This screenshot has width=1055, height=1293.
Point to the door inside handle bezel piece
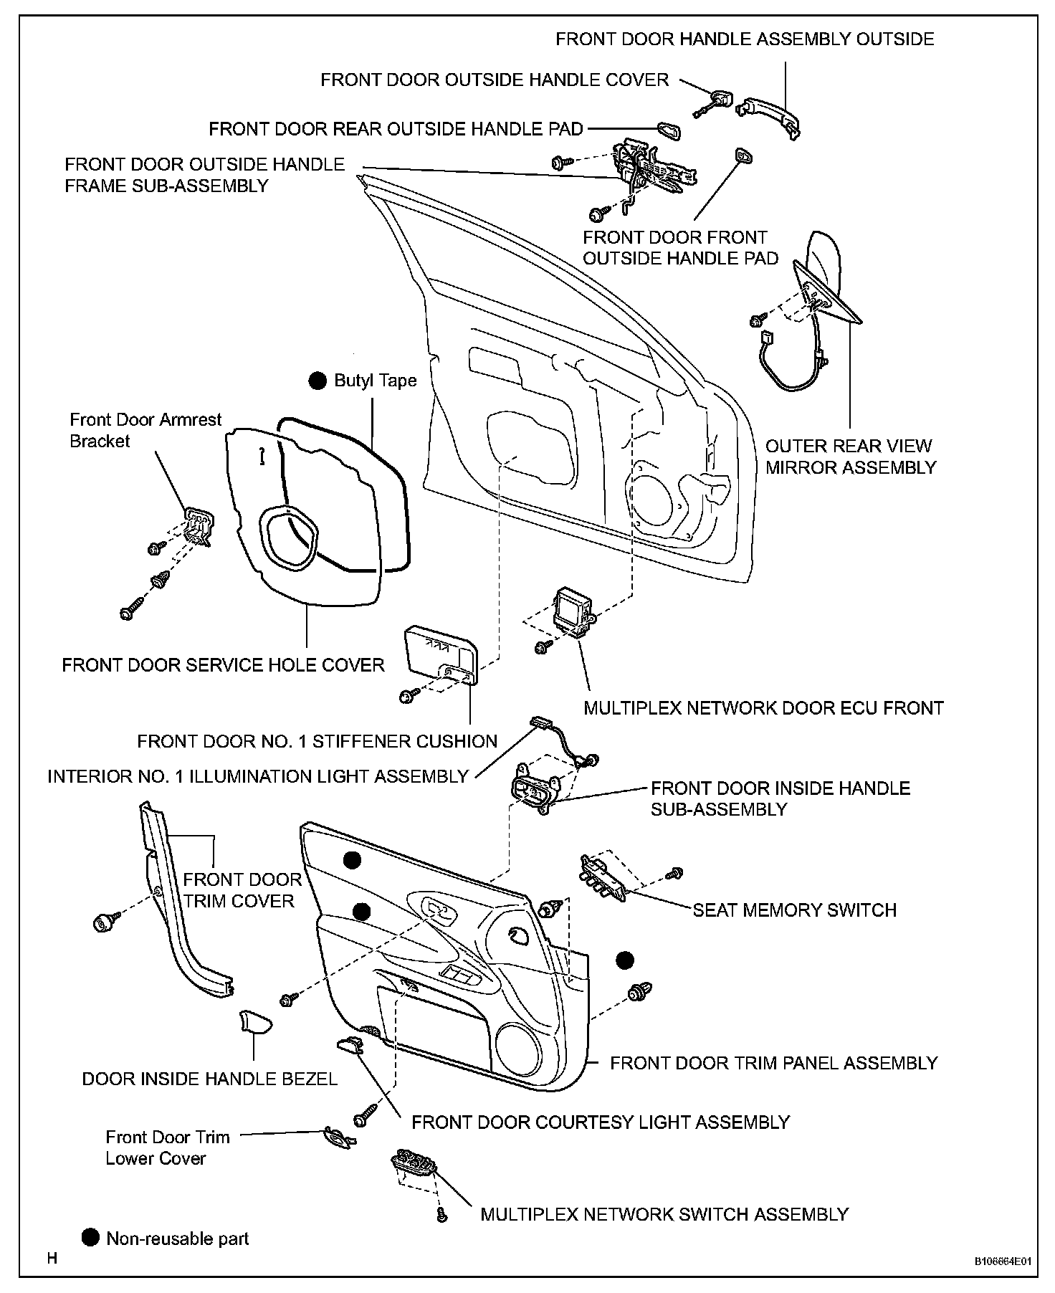click(x=254, y=1021)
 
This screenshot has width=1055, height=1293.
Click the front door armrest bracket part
click(x=196, y=527)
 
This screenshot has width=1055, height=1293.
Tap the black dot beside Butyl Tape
click(x=318, y=381)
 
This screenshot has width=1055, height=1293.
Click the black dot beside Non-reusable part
click(x=90, y=1237)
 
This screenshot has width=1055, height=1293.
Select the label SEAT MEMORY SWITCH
click(x=794, y=910)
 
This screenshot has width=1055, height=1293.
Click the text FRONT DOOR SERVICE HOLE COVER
click(x=223, y=665)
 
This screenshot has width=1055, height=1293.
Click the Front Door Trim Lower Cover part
click(x=336, y=1137)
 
